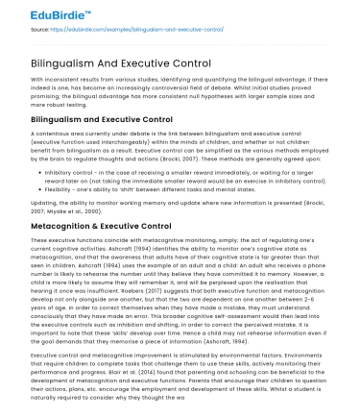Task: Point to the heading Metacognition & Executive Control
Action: (x=103, y=225)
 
